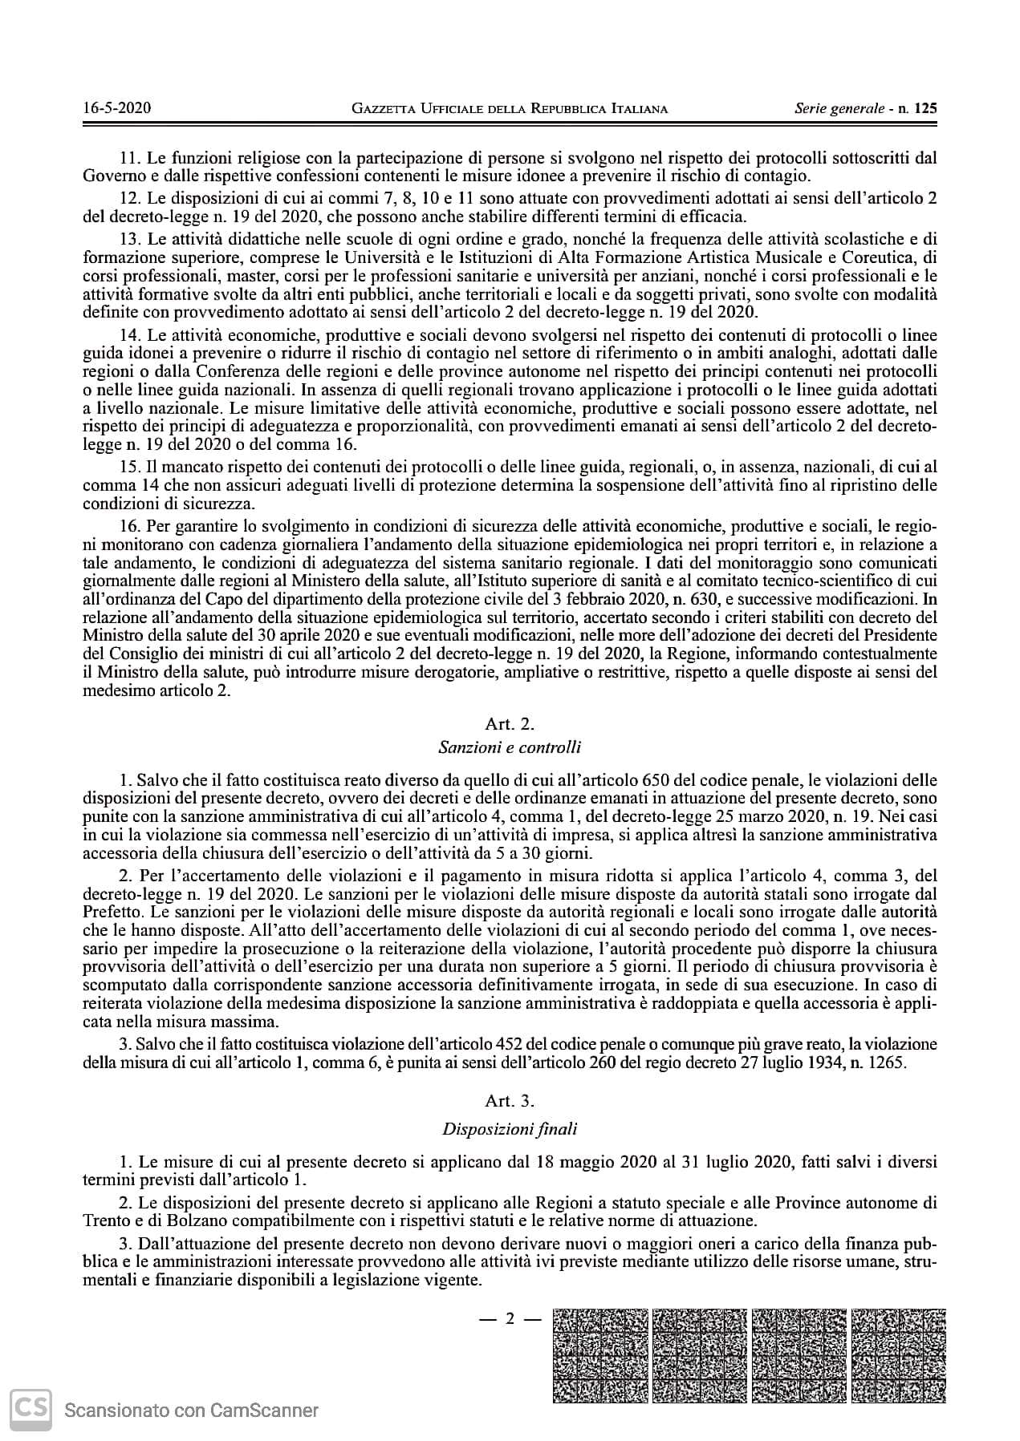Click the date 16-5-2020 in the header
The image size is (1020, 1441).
[x=116, y=108]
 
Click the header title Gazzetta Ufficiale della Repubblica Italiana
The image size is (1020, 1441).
[x=510, y=108]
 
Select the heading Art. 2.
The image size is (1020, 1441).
[x=510, y=724]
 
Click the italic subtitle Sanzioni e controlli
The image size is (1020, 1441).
[x=510, y=747]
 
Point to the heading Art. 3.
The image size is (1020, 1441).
[x=510, y=1101]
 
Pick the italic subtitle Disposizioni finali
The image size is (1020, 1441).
[x=510, y=1129]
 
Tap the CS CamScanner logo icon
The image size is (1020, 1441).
[x=30, y=1410]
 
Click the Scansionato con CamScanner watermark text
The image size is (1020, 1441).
[x=192, y=1411]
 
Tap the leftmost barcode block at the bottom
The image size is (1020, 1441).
[x=600, y=1355]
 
